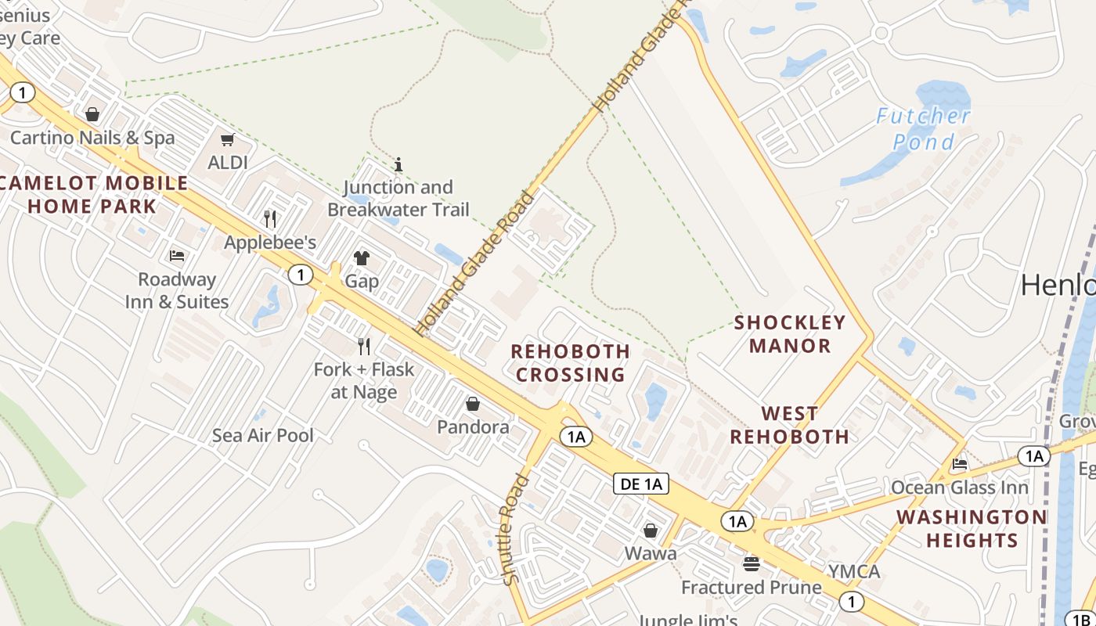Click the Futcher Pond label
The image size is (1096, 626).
coord(923,129)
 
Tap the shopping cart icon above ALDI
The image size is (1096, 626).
coord(227,140)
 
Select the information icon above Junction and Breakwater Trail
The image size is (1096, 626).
coord(398,164)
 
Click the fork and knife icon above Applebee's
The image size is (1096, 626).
coord(270,218)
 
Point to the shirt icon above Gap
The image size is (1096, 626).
coord(362,258)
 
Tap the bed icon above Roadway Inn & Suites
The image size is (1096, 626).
coord(177,256)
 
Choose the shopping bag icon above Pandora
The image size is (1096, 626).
coord(473,404)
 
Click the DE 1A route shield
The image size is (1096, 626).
coord(641,484)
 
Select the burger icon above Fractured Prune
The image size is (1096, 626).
coord(752,563)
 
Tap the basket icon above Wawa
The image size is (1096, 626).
coord(651,531)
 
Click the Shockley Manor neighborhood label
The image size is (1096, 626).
coord(790,333)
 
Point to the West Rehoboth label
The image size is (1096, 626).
coord(790,425)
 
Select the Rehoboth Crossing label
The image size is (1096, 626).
coord(571,363)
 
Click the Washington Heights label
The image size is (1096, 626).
coord(972,528)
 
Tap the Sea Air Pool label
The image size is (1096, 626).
coord(263,436)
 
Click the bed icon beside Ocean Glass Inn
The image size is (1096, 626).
coord(960,464)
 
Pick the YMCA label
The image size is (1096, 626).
coord(855,571)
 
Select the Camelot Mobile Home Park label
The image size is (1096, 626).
coord(93,195)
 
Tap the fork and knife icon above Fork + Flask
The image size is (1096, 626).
coord(364,346)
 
